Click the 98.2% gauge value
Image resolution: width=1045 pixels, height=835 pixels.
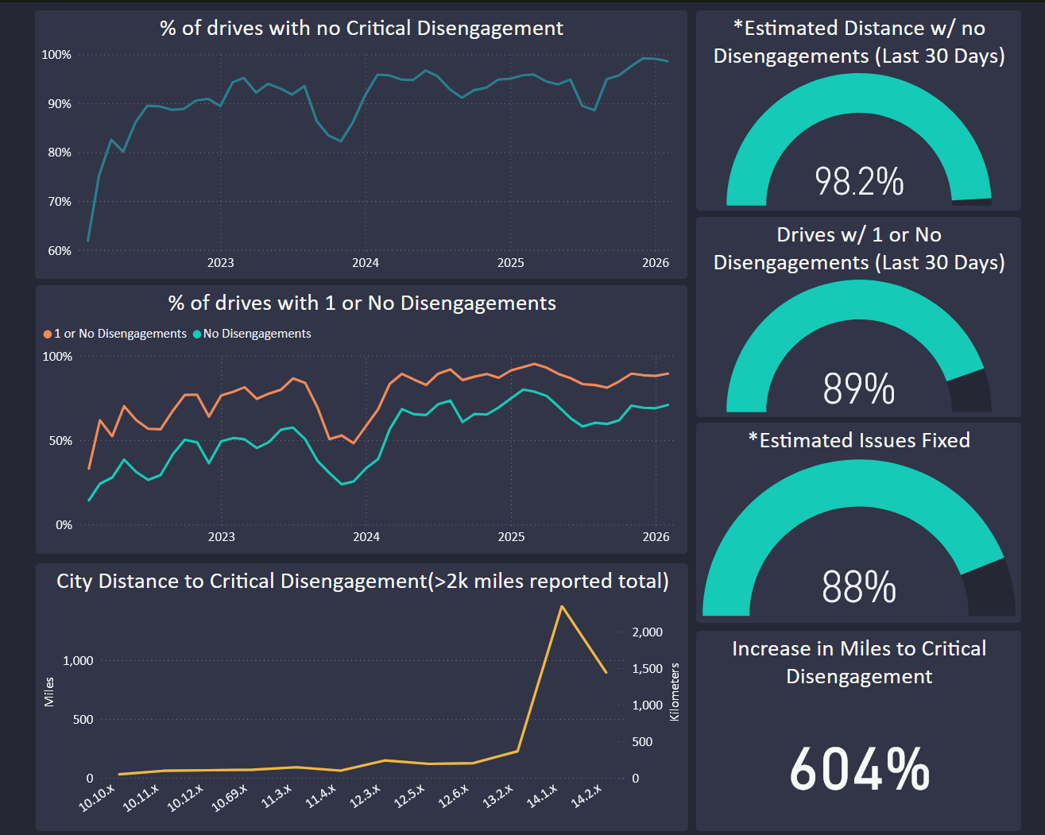tap(859, 182)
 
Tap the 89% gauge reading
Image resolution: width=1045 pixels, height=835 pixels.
tap(858, 389)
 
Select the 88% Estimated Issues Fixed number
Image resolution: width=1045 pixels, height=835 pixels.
tap(858, 587)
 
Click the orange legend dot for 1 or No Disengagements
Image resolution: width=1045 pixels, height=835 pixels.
tap(48, 334)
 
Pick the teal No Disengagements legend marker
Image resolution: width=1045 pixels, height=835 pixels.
tap(196, 334)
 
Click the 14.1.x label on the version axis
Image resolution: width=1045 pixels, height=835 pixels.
tap(542, 797)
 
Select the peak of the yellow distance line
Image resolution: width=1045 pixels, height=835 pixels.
tap(561, 606)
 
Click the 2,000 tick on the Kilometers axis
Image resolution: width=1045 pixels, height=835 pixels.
tap(648, 632)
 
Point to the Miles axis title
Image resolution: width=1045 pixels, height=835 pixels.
tap(49, 692)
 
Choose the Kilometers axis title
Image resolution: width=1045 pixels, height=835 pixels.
tap(675, 692)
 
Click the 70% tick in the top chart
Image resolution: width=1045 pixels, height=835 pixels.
tap(60, 202)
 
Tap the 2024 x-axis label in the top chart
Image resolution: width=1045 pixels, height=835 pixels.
tap(366, 263)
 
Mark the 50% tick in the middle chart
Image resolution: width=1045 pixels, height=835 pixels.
tap(60, 441)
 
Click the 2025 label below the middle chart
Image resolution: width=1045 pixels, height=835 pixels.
tap(511, 537)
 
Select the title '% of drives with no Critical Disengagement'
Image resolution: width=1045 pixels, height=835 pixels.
tap(362, 28)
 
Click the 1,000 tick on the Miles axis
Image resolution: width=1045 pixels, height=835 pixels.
tap(78, 661)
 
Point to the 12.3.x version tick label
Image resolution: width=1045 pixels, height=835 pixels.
tap(365, 797)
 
